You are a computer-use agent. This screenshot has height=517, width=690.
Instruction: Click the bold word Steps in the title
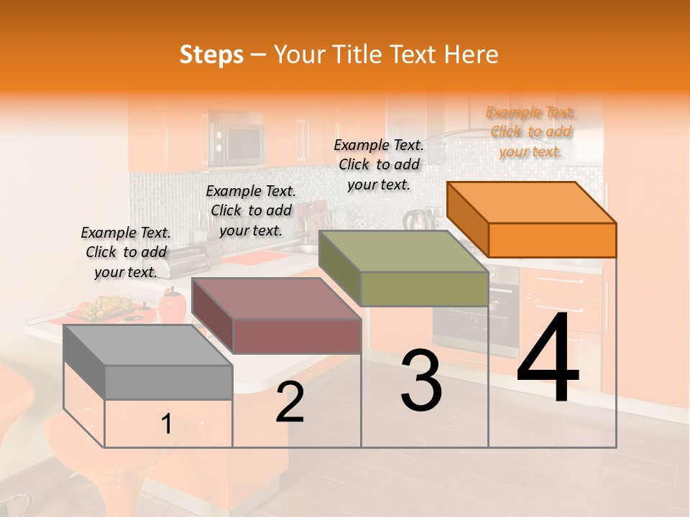pyautogui.click(x=211, y=55)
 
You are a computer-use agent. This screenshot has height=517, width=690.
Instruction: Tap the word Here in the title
pyautogui.click(x=471, y=55)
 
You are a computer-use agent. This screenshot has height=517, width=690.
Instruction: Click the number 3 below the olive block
pyautogui.click(x=421, y=381)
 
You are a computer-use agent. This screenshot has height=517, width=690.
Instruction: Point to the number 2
pyautogui.click(x=290, y=401)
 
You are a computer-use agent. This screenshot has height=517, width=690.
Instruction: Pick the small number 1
pyautogui.click(x=167, y=424)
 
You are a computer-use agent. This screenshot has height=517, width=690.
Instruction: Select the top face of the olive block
pyautogui.click(x=402, y=251)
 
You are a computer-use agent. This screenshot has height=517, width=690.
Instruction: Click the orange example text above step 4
pyautogui.click(x=531, y=132)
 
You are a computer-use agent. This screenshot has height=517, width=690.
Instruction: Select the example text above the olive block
pyautogui.click(x=379, y=164)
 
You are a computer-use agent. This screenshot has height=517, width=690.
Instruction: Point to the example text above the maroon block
pyautogui.click(x=251, y=210)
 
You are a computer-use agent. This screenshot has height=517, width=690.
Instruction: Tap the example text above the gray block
pyautogui.click(x=126, y=252)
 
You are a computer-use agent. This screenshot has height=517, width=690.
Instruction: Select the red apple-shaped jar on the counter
pyautogui.click(x=172, y=306)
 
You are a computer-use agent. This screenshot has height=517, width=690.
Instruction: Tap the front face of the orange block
pyautogui.click(x=552, y=240)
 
